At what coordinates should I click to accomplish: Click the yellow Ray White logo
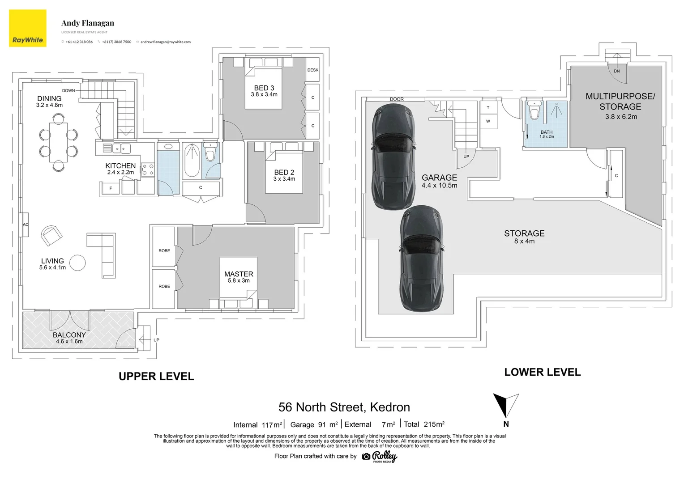pos(27,28)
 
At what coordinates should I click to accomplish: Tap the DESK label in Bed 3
pos(313,70)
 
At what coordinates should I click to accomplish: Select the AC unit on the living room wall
pos(25,225)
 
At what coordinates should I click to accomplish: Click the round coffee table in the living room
pos(77,263)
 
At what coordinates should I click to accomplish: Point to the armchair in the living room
pos(51,235)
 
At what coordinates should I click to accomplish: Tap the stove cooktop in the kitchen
pos(148,170)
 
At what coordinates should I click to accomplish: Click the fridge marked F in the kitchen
pos(111,188)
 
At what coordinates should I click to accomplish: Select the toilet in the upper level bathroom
pos(210,152)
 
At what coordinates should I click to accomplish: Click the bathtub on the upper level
pos(192,160)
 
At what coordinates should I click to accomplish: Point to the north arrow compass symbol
pos(506,405)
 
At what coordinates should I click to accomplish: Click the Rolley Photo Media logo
pos(380,457)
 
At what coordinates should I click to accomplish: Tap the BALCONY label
pos(69,335)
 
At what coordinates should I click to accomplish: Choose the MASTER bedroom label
pos(239,274)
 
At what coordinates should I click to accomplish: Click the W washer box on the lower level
pos(488,121)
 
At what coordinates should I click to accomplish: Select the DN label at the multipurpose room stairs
pos(617,71)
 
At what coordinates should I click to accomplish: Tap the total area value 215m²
pos(434,424)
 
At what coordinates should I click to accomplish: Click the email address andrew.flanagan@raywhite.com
pos(166,42)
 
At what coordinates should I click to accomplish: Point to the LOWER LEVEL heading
pos(542,372)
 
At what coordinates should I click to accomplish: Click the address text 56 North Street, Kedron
pos(344,407)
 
